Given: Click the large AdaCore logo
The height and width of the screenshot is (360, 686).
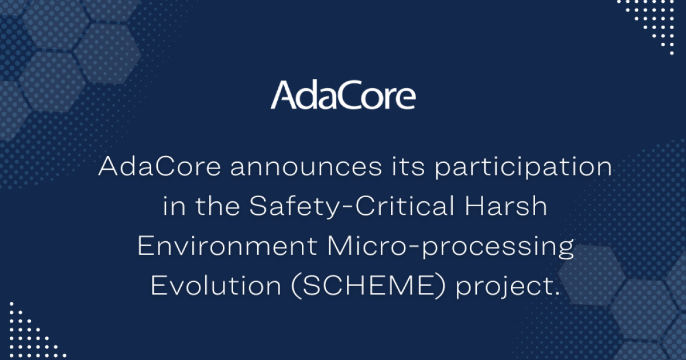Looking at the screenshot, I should tap(343, 95).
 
